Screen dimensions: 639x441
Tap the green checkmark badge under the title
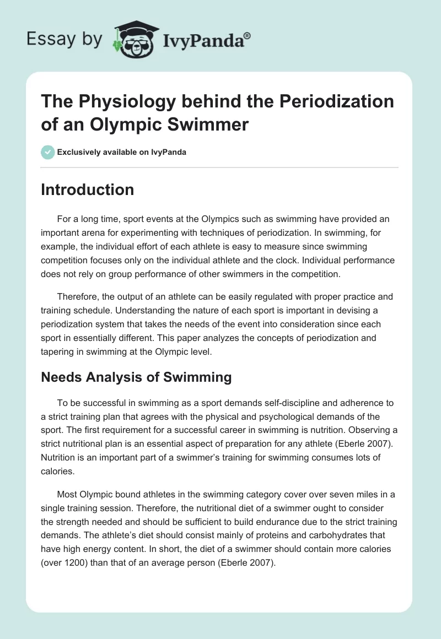(48, 152)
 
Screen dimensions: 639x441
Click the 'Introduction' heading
(88, 190)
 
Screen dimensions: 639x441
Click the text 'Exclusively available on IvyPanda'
(121, 153)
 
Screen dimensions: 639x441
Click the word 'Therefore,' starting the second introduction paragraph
(77, 296)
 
